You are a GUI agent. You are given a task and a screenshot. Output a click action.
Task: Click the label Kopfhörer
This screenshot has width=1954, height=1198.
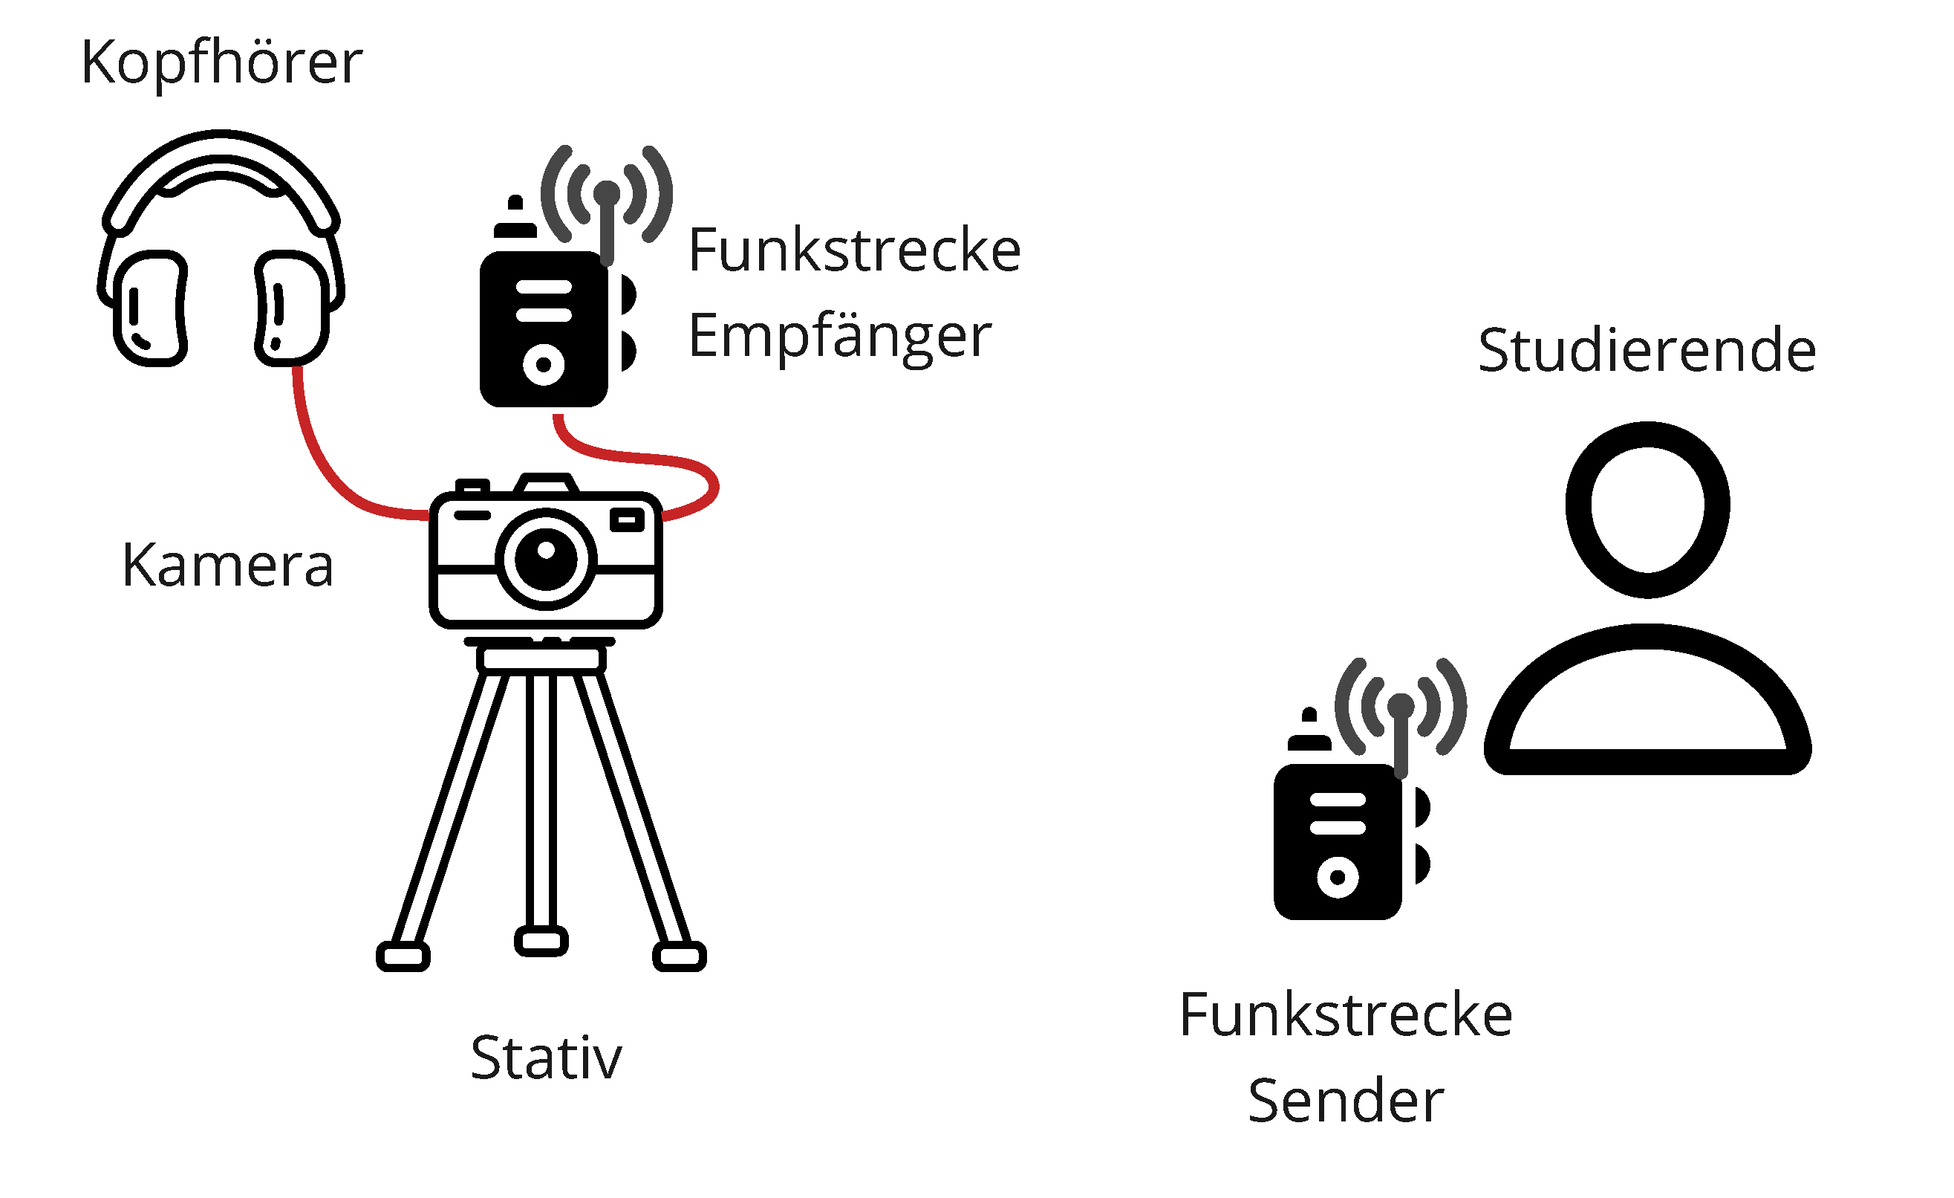222,63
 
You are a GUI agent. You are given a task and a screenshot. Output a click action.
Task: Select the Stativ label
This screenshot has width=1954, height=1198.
547,1058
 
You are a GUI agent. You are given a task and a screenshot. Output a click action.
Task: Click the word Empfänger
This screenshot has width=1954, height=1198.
840,337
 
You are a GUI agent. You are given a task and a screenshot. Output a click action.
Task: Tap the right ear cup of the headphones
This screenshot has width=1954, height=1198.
292,308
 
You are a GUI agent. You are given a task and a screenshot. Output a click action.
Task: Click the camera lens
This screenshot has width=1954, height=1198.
547,559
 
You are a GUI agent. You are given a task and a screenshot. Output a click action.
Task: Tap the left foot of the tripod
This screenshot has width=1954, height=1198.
403,956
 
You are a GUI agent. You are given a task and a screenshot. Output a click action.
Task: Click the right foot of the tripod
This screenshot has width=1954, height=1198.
680,956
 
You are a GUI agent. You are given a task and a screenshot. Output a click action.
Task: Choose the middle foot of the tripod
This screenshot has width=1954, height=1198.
541,942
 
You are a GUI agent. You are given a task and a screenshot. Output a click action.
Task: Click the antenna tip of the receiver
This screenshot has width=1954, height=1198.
607,193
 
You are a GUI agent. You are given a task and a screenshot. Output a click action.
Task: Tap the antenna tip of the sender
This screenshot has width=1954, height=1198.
1401,706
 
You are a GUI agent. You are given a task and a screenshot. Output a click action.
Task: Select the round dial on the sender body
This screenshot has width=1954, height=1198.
1338,878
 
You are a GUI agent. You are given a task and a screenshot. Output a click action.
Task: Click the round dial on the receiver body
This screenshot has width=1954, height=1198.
543,365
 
